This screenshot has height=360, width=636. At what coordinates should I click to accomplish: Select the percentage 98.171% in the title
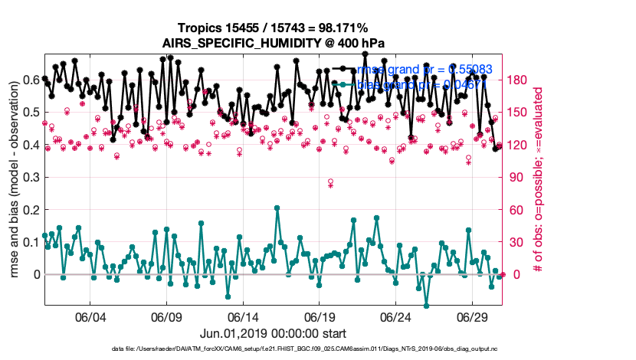(342, 28)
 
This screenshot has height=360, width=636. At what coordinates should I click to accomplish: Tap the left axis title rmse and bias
(13, 176)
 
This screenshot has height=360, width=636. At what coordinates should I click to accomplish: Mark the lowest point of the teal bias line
(426, 306)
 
